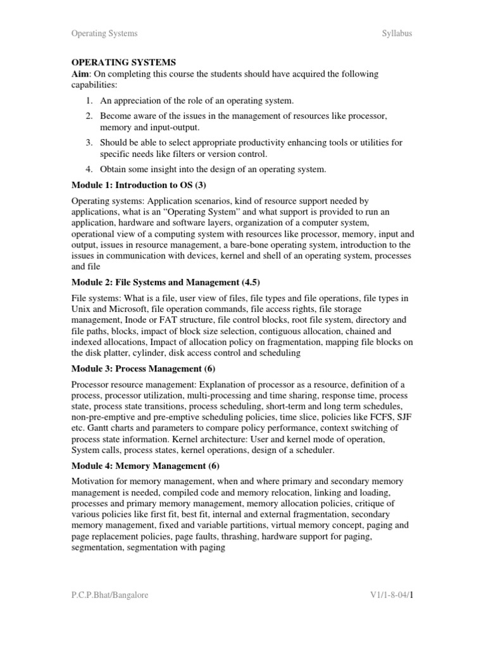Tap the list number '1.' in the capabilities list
pyautogui.click(x=90, y=101)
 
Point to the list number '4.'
pyautogui.click(x=90, y=168)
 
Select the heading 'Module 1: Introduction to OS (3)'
pyautogui.click(x=139, y=185)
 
